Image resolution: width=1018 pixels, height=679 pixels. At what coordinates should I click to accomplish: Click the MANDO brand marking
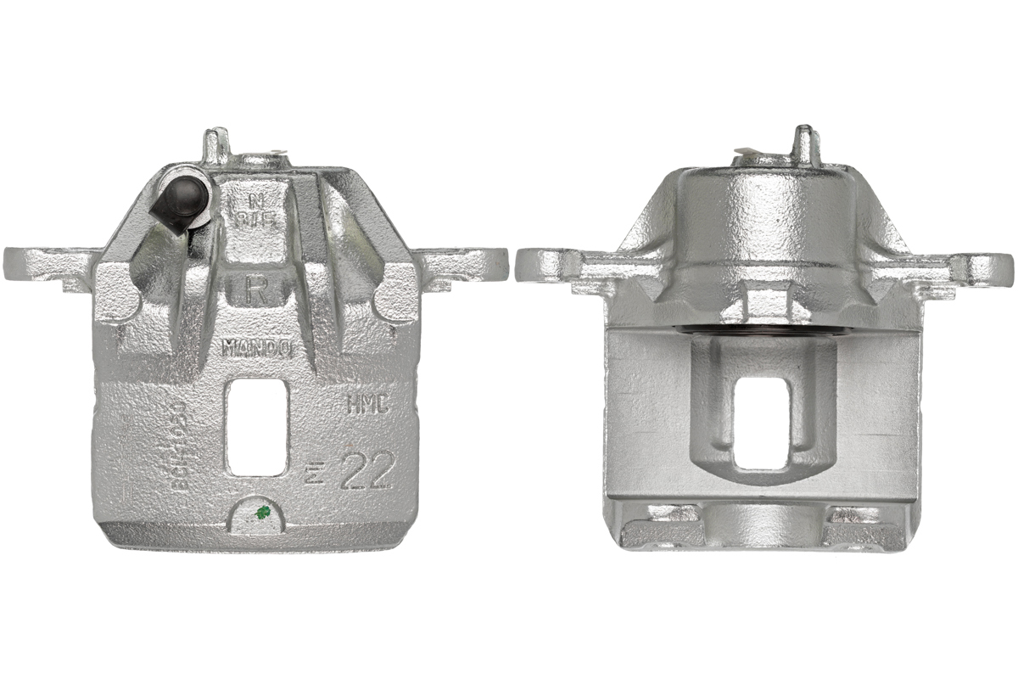point(257,347)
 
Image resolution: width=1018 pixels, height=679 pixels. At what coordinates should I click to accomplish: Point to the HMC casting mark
point(366,405)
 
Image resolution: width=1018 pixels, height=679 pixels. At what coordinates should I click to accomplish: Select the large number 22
point(365,473)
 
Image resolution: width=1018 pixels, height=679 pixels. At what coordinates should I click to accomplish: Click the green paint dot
point(263,512)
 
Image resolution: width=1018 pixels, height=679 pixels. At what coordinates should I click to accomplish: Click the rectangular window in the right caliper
point(763,422)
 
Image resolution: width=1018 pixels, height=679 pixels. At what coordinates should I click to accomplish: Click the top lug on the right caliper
point(803,144)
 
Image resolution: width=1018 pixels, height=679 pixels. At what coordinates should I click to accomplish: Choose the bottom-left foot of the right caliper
point(662,526)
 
